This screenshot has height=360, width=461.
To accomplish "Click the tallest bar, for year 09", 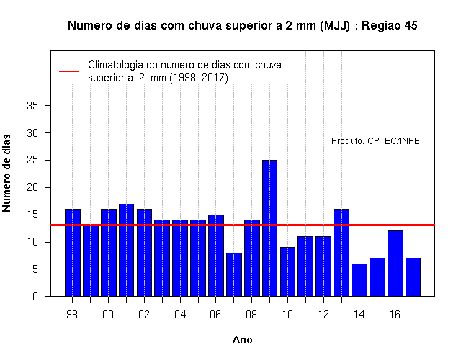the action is point(269,228).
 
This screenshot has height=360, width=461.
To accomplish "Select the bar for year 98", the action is point(73,253).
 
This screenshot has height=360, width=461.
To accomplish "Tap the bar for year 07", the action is point(234,274).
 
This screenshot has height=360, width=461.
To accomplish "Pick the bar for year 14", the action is point(359,280).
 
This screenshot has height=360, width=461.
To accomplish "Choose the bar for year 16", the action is point(395,264).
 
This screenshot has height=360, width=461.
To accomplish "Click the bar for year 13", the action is point(341,253).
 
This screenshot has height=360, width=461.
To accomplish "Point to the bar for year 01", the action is point(127,250).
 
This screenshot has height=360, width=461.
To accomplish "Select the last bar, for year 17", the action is point(413,277).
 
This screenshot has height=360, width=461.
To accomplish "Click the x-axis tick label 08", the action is point(251,315).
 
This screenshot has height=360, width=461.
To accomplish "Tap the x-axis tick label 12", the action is point(323,315).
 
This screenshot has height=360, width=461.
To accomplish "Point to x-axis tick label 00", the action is point(108,315).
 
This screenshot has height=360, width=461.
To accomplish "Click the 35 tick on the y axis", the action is point(32,106).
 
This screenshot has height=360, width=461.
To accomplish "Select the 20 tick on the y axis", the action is point(32,187).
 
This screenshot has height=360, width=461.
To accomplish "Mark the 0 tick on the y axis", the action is point(35,296).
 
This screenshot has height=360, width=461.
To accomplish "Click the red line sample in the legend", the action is point(69,71).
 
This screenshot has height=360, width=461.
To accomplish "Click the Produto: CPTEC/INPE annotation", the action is point(375,141).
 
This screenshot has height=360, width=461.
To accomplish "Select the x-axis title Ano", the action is point(242,340).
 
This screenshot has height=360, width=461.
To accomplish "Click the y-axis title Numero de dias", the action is point(6,174).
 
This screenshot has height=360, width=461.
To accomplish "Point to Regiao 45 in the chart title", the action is point(389,26).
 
